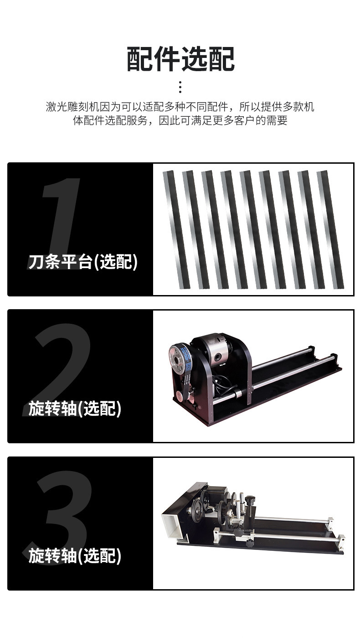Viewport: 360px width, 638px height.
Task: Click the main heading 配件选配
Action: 180,59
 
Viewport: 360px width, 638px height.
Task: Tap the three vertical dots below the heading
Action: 180,87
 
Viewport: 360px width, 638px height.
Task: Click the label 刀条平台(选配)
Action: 82,262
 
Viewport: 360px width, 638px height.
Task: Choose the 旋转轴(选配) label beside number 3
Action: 75,556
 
